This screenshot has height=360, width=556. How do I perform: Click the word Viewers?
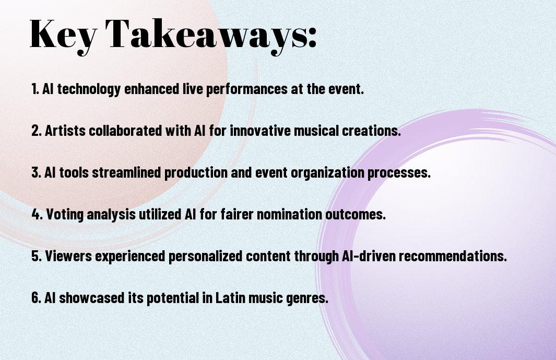click(68, 256)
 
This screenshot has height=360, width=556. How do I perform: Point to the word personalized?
click(204, 256)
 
